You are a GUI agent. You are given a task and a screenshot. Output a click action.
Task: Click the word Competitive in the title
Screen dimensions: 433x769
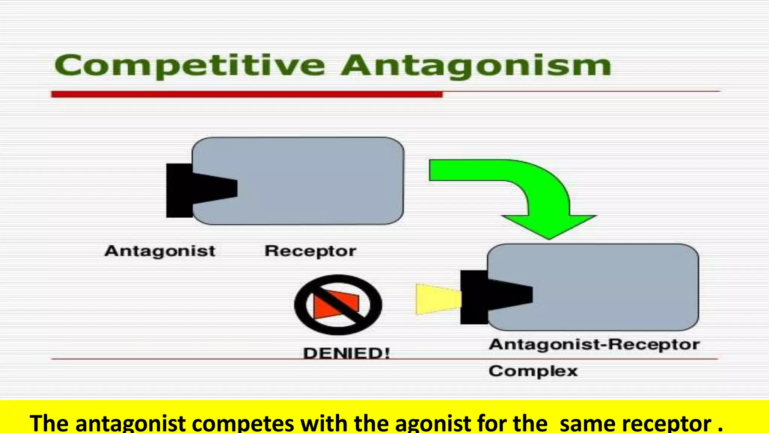coord(190,66)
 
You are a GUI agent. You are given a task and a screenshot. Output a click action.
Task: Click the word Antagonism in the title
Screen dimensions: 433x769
coord(476,66)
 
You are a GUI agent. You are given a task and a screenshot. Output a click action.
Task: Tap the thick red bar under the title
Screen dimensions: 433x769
coord(247,94)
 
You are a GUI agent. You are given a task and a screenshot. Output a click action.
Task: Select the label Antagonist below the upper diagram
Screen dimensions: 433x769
coord(160,251)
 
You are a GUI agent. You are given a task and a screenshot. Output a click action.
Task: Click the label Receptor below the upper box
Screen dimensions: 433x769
coord(310,251)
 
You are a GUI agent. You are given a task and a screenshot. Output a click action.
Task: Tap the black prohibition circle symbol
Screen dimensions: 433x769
coord(301,304)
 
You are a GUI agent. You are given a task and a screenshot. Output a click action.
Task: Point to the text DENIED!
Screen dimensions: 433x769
coord(346,353)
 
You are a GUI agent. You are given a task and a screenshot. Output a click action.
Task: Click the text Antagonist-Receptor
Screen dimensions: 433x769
coord(594,345)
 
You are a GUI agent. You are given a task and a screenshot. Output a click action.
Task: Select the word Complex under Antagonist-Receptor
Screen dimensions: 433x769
coord(533,371)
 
